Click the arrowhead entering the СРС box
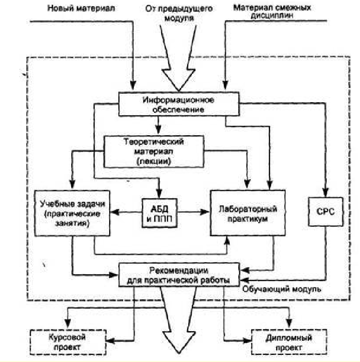coord(325,195)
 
